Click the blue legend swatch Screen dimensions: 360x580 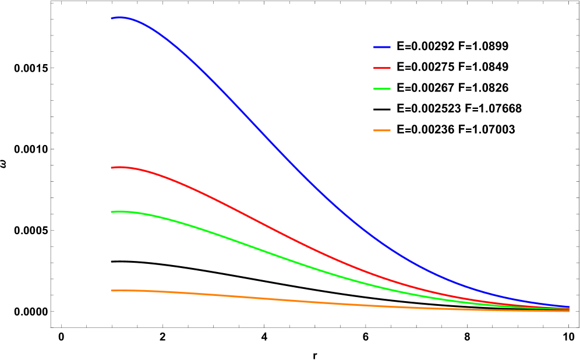(382, 47)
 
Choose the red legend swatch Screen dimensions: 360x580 (382, 68)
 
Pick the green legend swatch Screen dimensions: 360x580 (382, 89)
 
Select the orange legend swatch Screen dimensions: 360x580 (382, 130)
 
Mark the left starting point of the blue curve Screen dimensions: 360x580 (111, 19)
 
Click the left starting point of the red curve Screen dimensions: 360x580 (111, 168)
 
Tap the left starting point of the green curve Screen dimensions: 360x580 (111, 212)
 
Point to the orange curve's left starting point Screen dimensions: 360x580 (111, 291)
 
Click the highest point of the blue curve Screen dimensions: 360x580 (119, 17)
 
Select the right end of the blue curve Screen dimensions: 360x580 (569, 307)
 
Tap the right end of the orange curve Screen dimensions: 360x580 (569, 311)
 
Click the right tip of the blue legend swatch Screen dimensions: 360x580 (390, 47)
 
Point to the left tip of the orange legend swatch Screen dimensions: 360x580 (374, 130)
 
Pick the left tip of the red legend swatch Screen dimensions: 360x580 (374, 68)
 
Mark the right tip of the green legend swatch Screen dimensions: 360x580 (390, 89)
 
